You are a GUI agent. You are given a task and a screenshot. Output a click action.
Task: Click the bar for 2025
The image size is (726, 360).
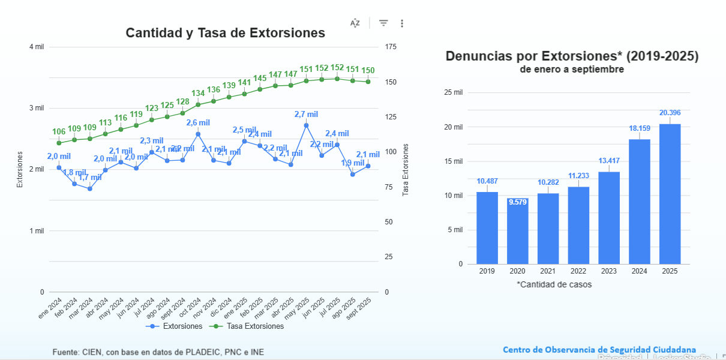coord(670,193)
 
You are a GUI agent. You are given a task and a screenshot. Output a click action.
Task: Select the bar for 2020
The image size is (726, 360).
coord(517,231)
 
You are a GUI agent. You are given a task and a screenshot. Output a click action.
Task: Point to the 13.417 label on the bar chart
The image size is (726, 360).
coord(608,160)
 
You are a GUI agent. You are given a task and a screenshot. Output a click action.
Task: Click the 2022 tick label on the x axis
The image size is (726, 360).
coord(578,271)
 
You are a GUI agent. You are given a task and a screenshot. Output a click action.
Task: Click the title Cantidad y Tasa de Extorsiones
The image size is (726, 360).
coord(225,33)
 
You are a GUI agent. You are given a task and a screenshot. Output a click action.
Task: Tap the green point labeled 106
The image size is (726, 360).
coord(59,143)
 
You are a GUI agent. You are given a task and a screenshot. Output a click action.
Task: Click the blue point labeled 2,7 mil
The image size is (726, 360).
coord(306,125)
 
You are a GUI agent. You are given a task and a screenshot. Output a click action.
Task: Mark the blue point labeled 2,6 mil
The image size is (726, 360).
coord(198,134)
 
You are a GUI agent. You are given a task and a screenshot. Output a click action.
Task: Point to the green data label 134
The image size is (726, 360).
coord(198,94)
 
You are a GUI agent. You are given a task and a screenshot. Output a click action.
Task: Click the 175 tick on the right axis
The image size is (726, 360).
coord(391,47)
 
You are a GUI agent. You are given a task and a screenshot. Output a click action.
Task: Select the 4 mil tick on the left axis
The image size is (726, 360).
coord(36,47)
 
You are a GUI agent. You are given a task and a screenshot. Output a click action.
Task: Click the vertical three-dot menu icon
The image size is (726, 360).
coord(402,23)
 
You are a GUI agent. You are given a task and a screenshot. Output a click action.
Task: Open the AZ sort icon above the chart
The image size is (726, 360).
coord(355,23)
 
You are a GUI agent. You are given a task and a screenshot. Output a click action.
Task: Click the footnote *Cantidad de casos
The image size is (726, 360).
coord(554,284)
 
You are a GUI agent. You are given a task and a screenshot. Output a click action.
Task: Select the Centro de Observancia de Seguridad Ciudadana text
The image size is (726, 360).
coord(599,350)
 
